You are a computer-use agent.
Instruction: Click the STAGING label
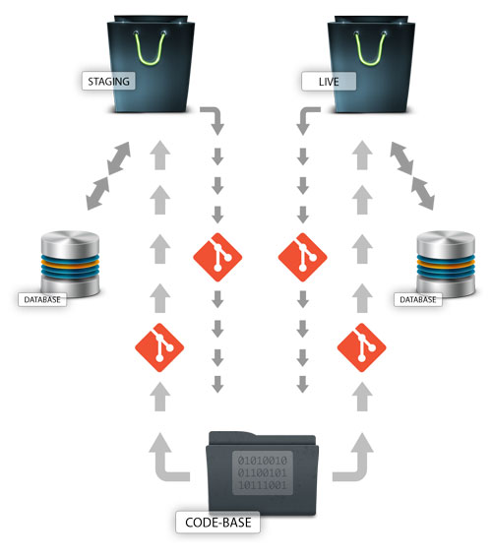coord(108,82)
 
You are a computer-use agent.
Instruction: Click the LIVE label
coord(329,82)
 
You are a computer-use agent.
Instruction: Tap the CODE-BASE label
coord(217,523)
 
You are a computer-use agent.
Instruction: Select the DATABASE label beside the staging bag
coord(42,299)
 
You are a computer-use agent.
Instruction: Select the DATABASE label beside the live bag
coord(418,299)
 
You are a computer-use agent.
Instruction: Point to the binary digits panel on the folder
coord(263,472)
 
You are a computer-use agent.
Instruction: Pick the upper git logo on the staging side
coord(217,257)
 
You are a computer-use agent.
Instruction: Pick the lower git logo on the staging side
coord(159,347)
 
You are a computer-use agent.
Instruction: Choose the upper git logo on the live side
coord(303,257)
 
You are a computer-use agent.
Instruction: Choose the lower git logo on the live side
coord(361,347)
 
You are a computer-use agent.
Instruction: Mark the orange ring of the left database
coord(70,265)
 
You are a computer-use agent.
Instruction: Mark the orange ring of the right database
coord(446,265)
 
